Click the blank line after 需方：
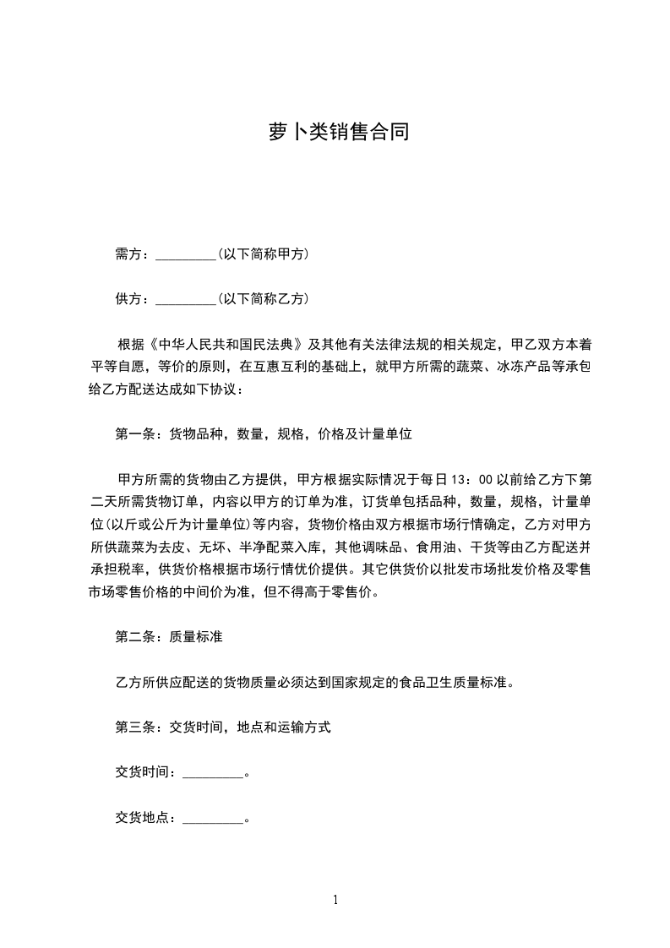click(187, 254)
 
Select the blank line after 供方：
click(187, 299)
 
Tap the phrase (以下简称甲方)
click(262, 253)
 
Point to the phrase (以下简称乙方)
click(262, 298)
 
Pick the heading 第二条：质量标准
click(168, 636)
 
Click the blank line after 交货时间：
click(212, 773)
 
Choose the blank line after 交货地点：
click(212, 818)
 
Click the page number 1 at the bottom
click(335, 900)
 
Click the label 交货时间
click(144, 772)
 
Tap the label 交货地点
click(144, 817)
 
